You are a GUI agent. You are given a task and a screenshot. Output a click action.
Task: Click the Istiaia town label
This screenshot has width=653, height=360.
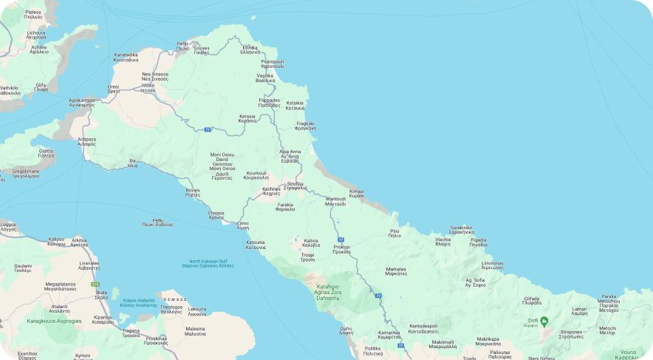point(148,87)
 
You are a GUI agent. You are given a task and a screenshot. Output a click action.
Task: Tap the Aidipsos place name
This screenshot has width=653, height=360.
point(86,140)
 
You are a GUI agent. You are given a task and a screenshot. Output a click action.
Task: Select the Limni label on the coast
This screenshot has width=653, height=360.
point(242,225)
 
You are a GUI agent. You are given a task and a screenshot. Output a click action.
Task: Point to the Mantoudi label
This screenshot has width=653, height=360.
point(335,201)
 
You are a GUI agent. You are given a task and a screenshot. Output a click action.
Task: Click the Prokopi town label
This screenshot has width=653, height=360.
point(341,249)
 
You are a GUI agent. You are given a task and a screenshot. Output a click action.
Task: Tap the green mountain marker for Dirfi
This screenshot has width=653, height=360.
point(544,321)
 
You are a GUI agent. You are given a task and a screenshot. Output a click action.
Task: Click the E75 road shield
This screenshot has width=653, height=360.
point(95,284)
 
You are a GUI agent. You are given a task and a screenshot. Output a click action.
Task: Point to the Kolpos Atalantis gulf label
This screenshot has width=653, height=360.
point(139,302)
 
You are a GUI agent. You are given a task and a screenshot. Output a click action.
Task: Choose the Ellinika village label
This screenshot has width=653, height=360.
point(250,50)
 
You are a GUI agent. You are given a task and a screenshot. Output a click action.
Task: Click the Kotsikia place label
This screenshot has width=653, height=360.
point(295,106)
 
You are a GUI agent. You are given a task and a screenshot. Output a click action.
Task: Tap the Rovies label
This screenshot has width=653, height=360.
point(193,192)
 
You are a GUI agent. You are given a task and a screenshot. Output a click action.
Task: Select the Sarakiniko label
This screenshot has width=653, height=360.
point(462,230)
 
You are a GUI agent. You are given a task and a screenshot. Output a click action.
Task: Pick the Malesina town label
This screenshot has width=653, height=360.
point(195,330)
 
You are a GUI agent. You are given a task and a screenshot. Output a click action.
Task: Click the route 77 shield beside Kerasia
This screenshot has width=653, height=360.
point(208,129)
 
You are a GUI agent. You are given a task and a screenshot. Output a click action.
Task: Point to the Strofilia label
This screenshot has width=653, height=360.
point(295,186)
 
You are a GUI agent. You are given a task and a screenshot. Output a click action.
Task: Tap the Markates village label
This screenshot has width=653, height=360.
point(396,271)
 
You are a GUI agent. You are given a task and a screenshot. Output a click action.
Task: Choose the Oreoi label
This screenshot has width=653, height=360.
point(113,89)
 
